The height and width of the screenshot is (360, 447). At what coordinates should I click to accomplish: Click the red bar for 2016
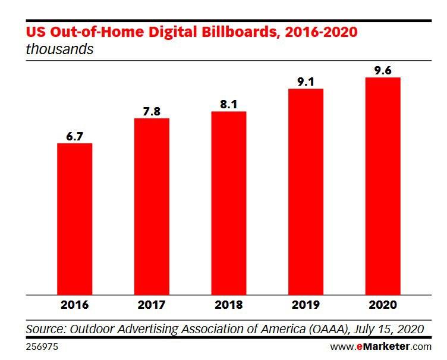[x=75, y=219]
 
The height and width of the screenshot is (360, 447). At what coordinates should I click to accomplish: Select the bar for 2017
[x=152, y=206]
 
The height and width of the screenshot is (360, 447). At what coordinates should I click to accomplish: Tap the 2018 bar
[x=229, y=203]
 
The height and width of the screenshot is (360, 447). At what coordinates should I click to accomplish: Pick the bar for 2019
[x=306, y=192]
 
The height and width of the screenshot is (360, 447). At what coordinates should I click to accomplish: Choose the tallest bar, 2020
[x=383, y=186]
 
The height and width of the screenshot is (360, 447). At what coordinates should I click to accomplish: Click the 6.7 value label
[x=75, y=136]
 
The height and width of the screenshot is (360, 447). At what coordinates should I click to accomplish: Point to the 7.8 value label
[x=152, y=111]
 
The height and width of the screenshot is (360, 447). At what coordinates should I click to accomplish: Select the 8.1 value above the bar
[x=229, y=105]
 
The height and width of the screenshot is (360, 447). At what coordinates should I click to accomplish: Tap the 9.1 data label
[x=306, y=82]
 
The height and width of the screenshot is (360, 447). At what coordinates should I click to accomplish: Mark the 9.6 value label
[x=383, y=71]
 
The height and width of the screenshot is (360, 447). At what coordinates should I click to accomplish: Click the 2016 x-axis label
[x=75, y=305]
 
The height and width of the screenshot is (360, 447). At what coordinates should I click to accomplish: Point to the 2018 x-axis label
[x=229, y=305]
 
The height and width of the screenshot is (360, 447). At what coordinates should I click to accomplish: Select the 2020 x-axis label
[x=383, y=305]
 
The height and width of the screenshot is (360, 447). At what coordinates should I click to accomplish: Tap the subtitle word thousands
[x=59, y=49]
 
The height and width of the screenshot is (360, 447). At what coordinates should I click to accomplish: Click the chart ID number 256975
[x=42, y=347]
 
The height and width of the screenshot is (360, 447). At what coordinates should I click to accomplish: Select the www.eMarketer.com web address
[x=381, y=347]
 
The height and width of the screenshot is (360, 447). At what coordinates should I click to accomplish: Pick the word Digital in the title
[x=173, y=32]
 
